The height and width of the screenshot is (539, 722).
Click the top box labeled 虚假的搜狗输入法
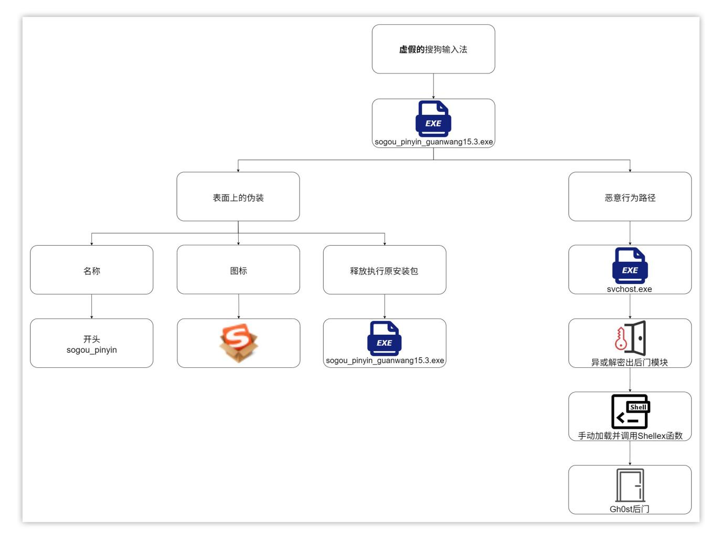pos(433,49)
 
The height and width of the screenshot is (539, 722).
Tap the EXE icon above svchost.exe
pos(630,265)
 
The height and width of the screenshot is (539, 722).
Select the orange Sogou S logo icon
pos(239,343)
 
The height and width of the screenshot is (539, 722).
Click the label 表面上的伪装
pos(238,198)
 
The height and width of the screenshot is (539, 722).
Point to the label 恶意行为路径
pos(630,198)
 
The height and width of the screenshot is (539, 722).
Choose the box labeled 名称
pos(92,271)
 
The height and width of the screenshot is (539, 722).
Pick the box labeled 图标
pos(238,271)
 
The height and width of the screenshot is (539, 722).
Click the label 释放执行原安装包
pos(384,271)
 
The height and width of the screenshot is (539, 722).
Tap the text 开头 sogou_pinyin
pos(92,345)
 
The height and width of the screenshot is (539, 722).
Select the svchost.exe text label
pos(629,289)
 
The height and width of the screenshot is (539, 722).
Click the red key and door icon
pos(630,338)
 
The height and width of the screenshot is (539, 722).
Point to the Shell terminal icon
pos(630,411)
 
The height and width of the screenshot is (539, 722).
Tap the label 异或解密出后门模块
pos(629,363)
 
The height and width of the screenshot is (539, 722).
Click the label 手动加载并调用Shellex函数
pos(630,436)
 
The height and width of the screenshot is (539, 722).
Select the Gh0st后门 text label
pos(629,509)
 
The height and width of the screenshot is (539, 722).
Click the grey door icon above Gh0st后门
pos(630,485)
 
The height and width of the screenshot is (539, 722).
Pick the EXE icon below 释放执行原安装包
pos(384,338)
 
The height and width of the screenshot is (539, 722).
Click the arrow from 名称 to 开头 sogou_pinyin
pos(92,307)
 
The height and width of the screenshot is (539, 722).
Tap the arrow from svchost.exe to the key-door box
pos(630,307)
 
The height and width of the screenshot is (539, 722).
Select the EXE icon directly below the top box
pos(433,118)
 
